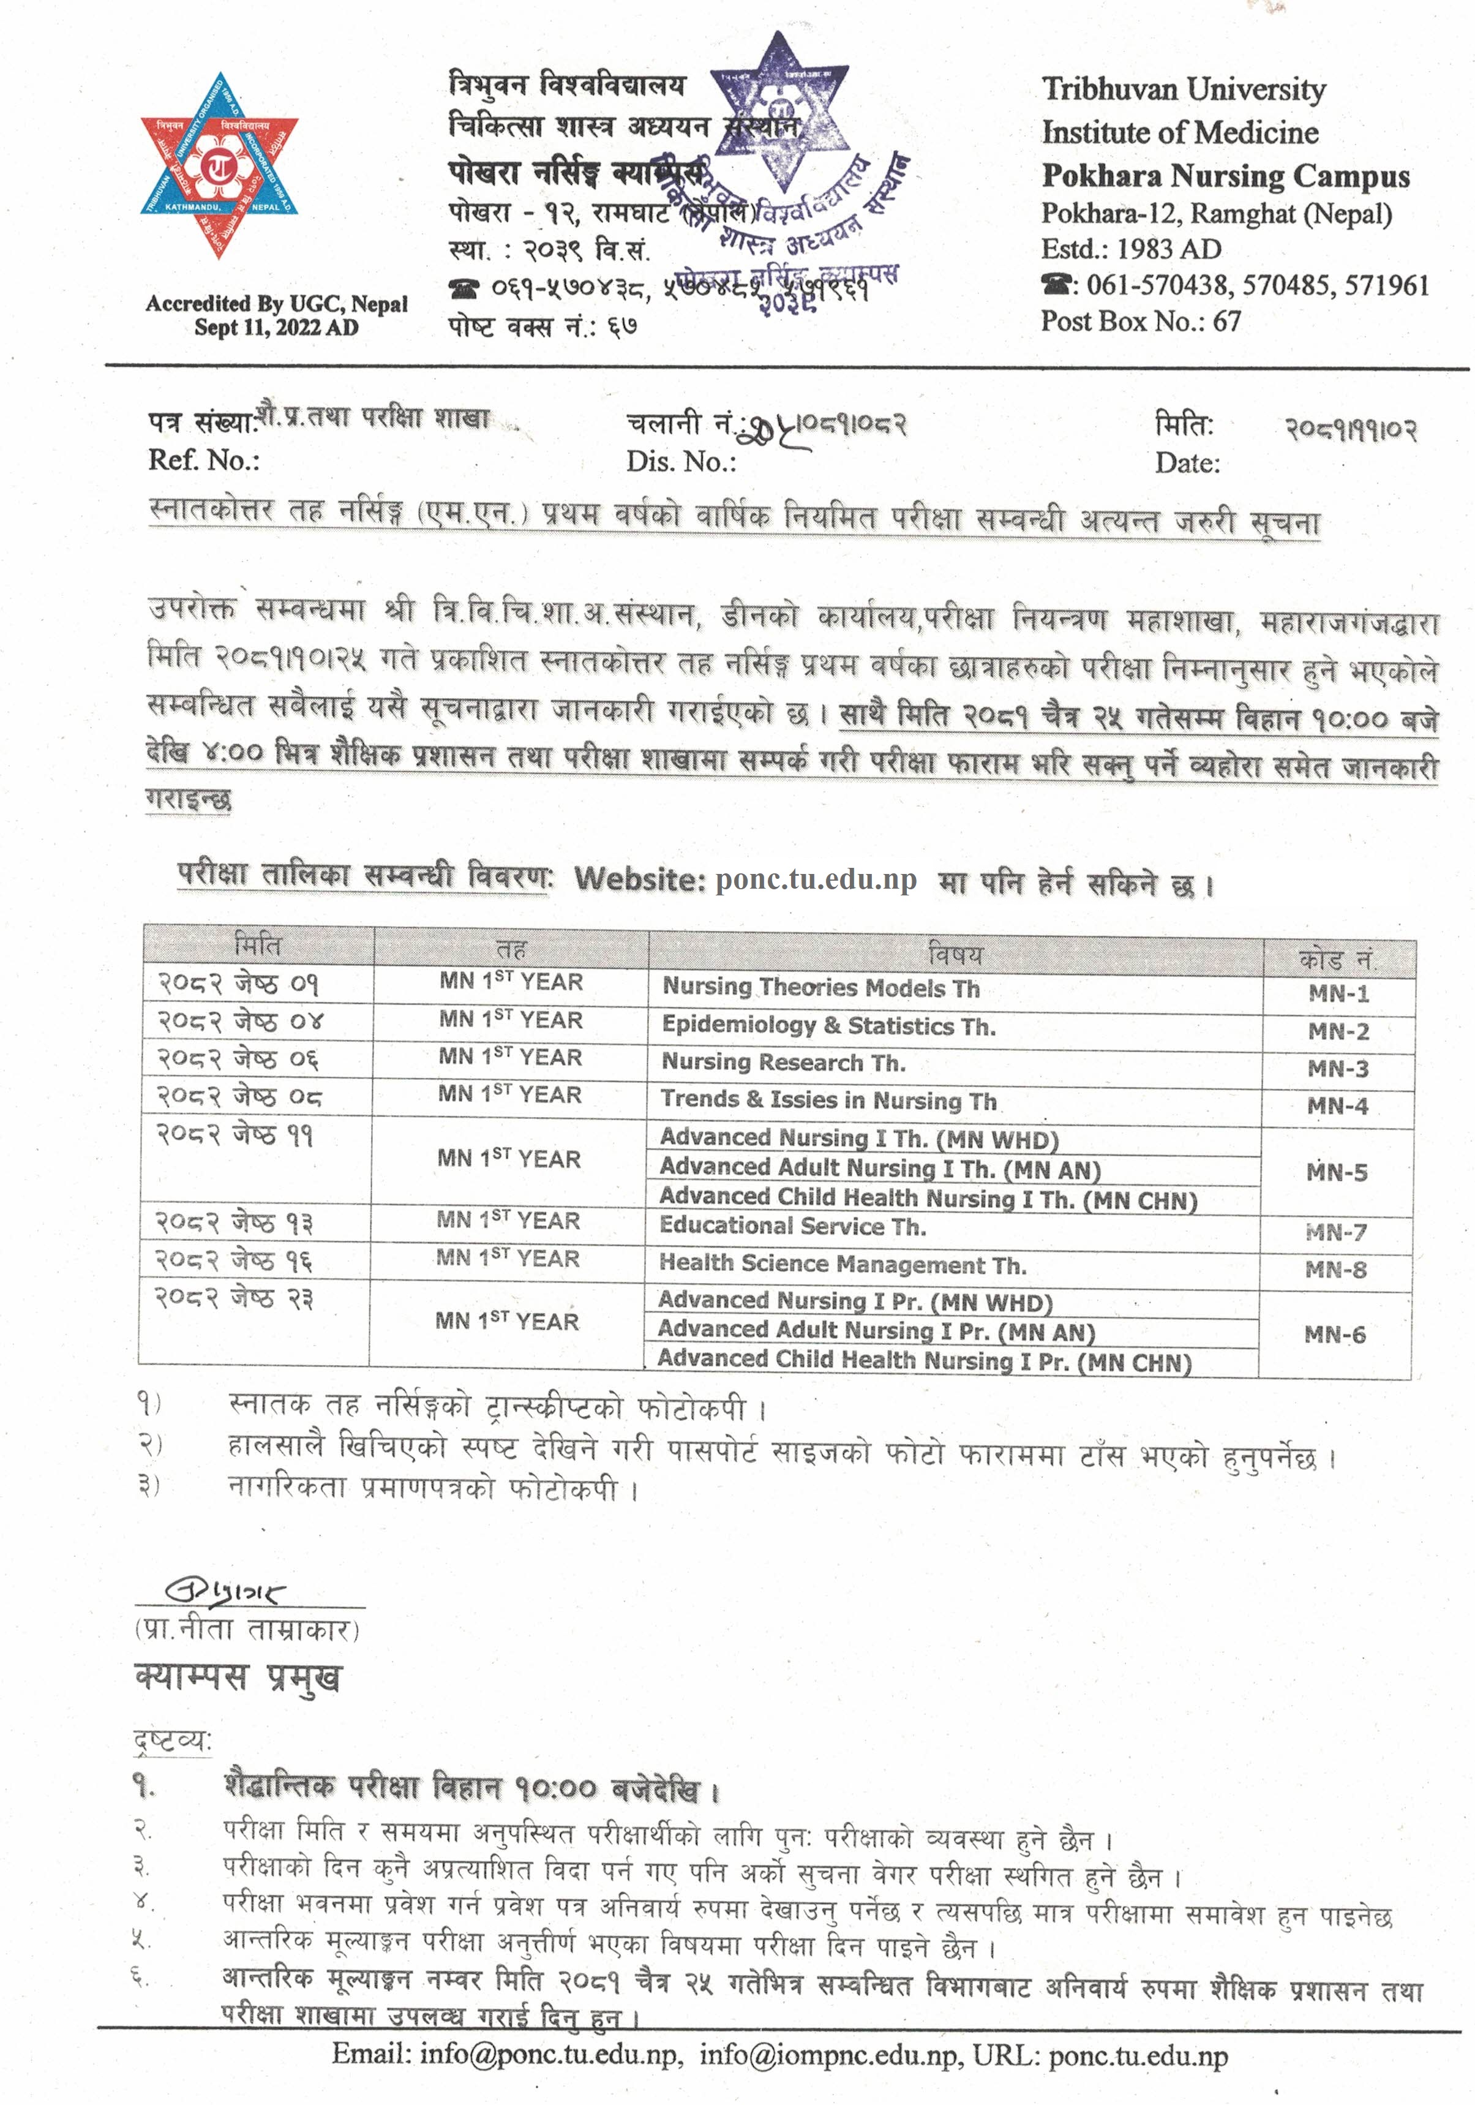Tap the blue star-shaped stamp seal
point(780,119)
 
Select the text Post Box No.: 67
point(1141,321)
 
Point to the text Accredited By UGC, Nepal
point(276,303)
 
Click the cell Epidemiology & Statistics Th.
point(828,1025)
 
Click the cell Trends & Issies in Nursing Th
point(828,1099)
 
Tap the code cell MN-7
point(1335,1232)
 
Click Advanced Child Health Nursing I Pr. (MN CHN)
point(923,1361)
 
